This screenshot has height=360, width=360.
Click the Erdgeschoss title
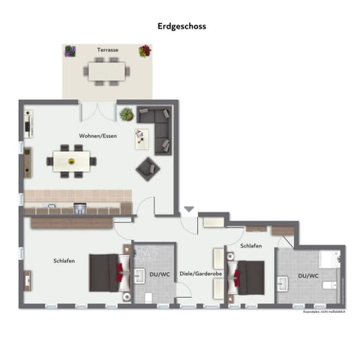coord(181,25)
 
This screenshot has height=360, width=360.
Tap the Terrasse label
coord(106,49)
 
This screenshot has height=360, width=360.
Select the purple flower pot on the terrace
coord(70,51)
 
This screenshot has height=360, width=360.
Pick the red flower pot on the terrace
coord(145,51)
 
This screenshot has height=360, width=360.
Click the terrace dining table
coord(106,70)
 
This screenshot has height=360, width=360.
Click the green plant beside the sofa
coord(127,115)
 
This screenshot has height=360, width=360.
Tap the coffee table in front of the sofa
coord(141,138)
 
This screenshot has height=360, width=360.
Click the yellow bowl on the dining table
coord(72,160)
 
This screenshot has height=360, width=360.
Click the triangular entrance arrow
coord(188,210)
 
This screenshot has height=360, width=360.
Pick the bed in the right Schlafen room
coord(248,275)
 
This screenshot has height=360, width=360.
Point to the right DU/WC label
coord(308,275)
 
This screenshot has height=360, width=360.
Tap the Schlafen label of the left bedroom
coord(64,260)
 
